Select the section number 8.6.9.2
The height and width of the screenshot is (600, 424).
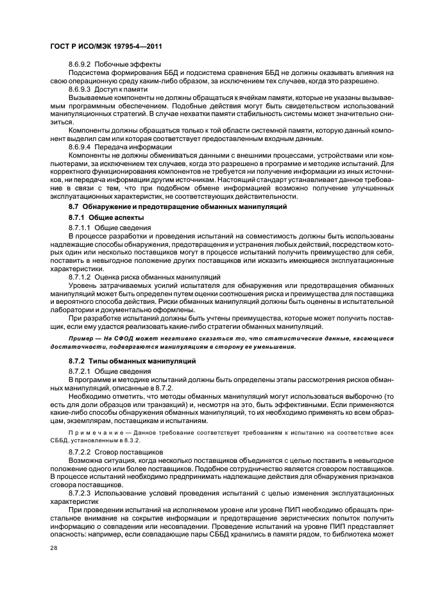[x=80, y=65]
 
